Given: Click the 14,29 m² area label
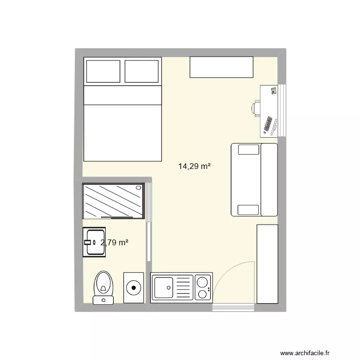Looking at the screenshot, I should click(x=194, y=167).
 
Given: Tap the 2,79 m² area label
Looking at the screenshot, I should click(x=114, y=243).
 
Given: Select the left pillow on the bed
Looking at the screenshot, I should click(x=102, y=71).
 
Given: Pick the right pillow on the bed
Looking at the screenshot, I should click(x=142, y=71).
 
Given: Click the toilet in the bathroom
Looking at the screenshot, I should click(x=103, y=286).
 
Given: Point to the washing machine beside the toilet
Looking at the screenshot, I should click(x=133, y=288).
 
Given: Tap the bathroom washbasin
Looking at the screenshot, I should click(x=93, y=242).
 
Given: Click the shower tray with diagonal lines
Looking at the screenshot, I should click(x=113, y=200).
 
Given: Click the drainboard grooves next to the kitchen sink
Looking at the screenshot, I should click(x=184, y=288).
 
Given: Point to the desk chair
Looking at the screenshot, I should click(x=256, y=108).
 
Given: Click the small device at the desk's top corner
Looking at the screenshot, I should click(x=274, y=91).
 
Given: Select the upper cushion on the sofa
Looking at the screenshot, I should click(x=248, y=150).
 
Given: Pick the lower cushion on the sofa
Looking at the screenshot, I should click(x=248, y=209).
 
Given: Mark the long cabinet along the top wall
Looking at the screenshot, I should click(x=221, y=67).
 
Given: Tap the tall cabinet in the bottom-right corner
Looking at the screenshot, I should click(x=267, y=264).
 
